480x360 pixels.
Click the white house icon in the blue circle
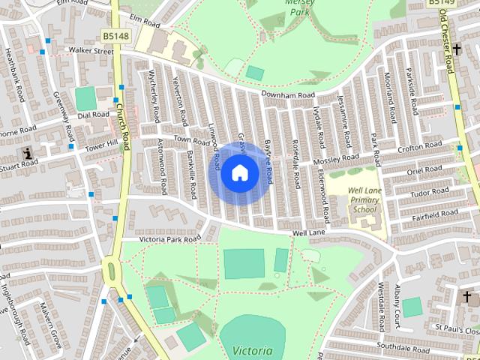click(239, 172)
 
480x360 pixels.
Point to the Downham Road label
click(288, 95)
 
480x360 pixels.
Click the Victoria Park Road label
click(170, 238)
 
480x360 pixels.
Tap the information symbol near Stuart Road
click(29, 154)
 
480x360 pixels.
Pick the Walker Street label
click(90, 51)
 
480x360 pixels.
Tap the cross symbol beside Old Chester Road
click(457, 49)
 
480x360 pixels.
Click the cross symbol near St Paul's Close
click(466, 295)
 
